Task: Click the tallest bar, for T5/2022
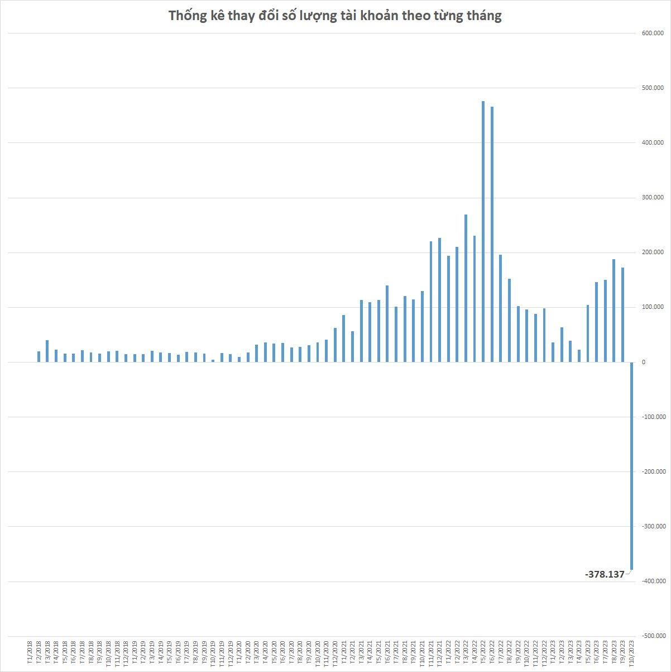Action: coord(483,231)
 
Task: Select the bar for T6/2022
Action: coord(492,234)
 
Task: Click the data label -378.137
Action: coord(605,574)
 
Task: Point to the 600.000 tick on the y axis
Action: coord(653,34)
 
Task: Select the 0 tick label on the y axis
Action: coord(644,362)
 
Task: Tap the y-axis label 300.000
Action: coord(653,198)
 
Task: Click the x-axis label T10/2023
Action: coord(631,651)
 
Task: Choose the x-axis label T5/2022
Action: coord(483,652)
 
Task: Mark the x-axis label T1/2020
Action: coord(239,652)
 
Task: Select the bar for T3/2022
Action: coord(466,288)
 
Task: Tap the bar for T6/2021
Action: coord(387,323)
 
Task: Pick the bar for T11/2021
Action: coord(431,302)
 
